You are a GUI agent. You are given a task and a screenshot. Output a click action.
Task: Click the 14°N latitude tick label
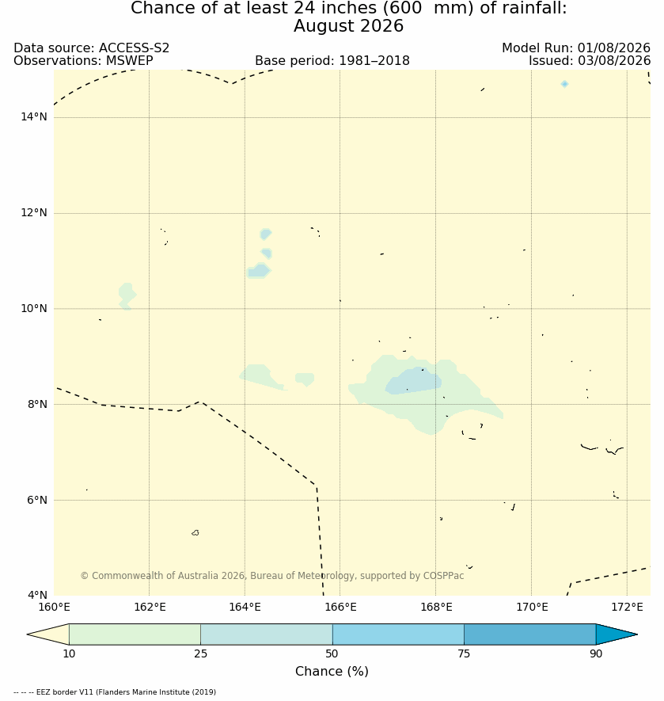(33, 117)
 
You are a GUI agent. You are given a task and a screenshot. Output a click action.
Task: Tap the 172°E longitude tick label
(627, 607)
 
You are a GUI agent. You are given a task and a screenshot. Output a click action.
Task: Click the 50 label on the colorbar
(332, 653)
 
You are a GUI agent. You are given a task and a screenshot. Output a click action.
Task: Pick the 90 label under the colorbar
(596, 653)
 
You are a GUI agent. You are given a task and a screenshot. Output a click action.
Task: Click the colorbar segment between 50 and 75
(398, 634)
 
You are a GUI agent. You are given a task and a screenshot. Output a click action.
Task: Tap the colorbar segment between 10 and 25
(135, 634)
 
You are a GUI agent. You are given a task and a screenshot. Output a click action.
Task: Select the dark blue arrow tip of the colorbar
(617, 634)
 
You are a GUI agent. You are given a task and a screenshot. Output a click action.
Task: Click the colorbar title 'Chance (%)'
(332, 671)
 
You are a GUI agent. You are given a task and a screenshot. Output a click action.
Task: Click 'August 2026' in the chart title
(348, 26)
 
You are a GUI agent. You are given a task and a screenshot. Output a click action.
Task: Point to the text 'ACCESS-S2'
(134, 48)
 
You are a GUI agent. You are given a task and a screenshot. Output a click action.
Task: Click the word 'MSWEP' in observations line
(129, 60)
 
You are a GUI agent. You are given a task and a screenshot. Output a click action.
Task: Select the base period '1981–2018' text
(374, 60)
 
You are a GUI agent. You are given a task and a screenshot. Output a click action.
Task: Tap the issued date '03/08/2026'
(614, 60)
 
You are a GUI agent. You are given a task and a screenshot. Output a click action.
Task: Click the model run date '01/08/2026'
(614, 48)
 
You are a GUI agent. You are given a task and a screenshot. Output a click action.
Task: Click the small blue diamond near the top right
(564, 84)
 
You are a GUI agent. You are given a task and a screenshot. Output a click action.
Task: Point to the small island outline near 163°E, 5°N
(195, 532)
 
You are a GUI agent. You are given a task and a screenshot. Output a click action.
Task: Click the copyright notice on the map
(272, 575)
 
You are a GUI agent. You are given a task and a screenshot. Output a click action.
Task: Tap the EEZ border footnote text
(115, 692)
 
